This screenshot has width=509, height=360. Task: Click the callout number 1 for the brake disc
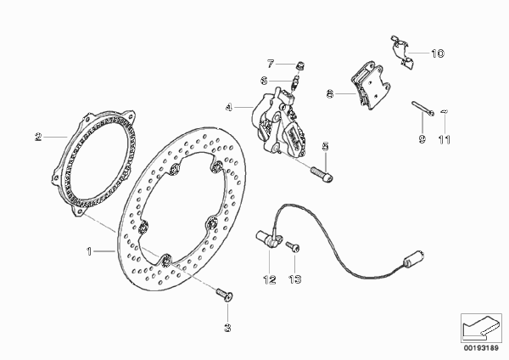(x=89, y=251)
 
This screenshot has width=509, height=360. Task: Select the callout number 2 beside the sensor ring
(x=39, y=137)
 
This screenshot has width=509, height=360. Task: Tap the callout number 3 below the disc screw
(x=228, y=328)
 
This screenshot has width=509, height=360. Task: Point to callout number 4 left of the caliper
(x=229, y=107)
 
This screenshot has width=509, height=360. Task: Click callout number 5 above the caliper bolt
(x=325, y=147)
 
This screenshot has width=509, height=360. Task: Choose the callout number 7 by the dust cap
(x=271, y=64)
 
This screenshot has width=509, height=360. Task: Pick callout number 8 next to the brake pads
(x=330, y=94)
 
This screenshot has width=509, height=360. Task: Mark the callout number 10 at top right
(x=437, y=53)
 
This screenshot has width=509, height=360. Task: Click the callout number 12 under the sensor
(x=270, y=279)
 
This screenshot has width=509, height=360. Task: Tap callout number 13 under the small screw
(x=294, y=279)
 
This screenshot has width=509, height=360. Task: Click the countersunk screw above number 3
(x=225, y=295)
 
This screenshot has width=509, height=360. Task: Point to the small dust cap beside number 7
(x=300, y=66)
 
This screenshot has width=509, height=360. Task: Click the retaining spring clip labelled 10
(x=402, y=52)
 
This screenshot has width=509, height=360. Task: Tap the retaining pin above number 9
(x=423, y=108)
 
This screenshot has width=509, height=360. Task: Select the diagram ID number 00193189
(x=481, y=348)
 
